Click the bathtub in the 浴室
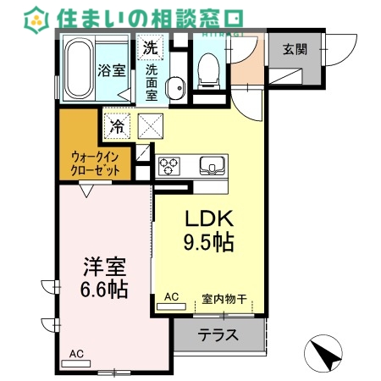[x=79, y=68]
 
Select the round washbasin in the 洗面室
[x=175, y=88]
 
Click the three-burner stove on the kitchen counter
[x=169, y=166]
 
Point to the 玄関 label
[x=295, y=49]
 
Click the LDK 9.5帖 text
[x=209, y=230]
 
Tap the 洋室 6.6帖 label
[x=104, y=278]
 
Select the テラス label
[x=218, y=335]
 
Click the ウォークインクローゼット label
[x=95, y=163]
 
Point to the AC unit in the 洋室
[x=76, y=363]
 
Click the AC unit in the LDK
[x=171, y=306]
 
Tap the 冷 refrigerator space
[x=117, y=126]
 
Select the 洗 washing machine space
[x=150, y=47]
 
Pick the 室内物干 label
[x=224, y=299]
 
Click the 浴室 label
[x=112, y=70]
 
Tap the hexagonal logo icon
[x=36, y=20]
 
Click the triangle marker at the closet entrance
[x=86, y=190]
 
